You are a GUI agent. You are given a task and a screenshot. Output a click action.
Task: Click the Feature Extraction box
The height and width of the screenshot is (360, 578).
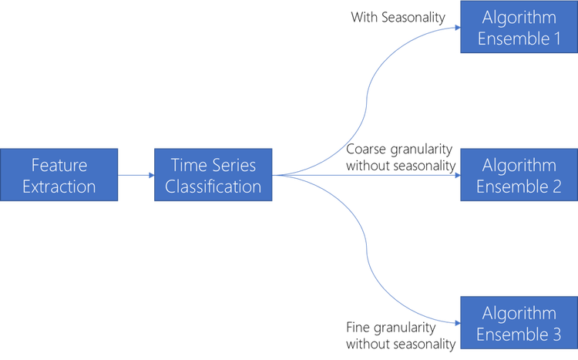pyautogui.click(x=59, y=175)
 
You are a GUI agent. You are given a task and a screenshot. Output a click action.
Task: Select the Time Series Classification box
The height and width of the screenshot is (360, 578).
pyautogui.click(x=213, y=175)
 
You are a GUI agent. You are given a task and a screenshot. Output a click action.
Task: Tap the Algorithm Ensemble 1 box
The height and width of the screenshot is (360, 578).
pyautogui.click(x=519, y=27)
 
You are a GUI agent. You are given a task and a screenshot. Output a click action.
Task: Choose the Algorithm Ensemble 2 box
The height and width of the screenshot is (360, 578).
pyautogui.click(x=519, y=175)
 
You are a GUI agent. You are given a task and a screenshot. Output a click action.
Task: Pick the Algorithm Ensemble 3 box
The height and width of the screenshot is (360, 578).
pyautogui.click(x=519, y=323)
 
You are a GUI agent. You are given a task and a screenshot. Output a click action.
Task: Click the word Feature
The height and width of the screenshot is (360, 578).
pyautogui.click(x=59, y=164)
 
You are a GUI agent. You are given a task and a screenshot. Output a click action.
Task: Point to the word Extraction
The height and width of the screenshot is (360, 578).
pyautogui.click(x=59, y=187)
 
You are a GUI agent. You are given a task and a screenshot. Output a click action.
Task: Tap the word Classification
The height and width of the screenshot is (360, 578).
pyautogui.click(x=213, y=187)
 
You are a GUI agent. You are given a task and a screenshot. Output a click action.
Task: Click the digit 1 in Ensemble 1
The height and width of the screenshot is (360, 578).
pyautogui.click(x=556, y=38)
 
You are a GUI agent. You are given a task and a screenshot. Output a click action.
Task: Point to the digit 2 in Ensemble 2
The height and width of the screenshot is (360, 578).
pyautogui.click(x=556, y=186)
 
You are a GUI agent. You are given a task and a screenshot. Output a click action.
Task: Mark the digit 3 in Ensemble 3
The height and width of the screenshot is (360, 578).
pyautogui.click(x=556, y=335)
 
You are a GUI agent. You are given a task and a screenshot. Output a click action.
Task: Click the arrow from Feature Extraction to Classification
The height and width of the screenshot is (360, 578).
pyautogui.click(x=136, y=175)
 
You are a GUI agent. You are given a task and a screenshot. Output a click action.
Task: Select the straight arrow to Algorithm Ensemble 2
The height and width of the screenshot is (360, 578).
pyautogui.click(x=370, y=175)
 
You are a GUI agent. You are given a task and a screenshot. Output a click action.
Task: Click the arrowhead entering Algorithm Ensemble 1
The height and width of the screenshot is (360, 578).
pyautogui.click(x=455, y=28)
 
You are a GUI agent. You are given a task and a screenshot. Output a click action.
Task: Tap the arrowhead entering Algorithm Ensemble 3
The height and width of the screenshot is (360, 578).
pyautogui.click(x=455, y=323)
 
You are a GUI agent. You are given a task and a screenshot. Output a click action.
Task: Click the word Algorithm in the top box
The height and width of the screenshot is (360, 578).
pyautogui.click(x=519, y=16)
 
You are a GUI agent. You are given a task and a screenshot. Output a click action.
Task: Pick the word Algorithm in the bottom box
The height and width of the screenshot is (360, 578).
pyautogui.click(x=519, y=313)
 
